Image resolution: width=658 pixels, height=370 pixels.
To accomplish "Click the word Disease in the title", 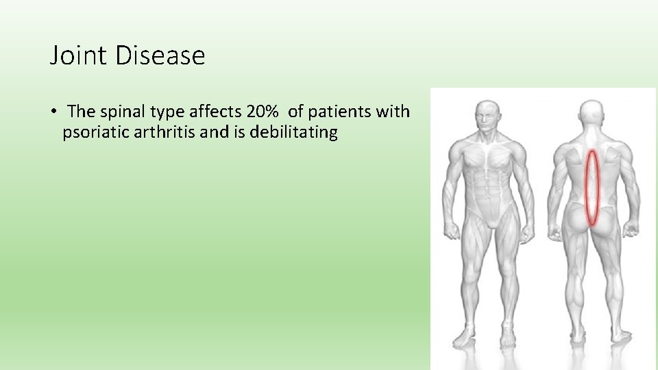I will (160, 56).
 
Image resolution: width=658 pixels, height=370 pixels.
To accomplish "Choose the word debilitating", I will (294, 132).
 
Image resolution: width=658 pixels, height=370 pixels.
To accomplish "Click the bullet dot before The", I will (53, 112).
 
